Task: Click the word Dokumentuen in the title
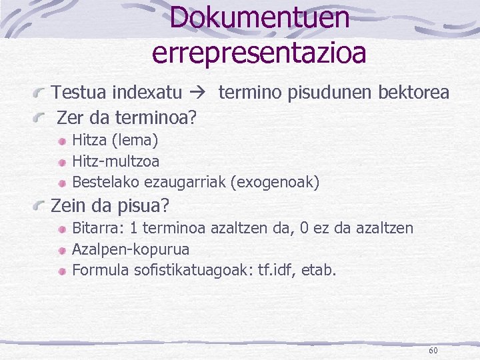tap(259, 18)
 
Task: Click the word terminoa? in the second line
tap(156, 119)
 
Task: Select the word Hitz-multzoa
tap(115, 161)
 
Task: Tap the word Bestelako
tap(102, 181)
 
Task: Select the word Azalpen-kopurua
tap(130, 249)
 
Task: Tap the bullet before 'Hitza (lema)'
tap(62, 141)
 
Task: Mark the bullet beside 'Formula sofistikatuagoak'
tap(62, 271)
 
